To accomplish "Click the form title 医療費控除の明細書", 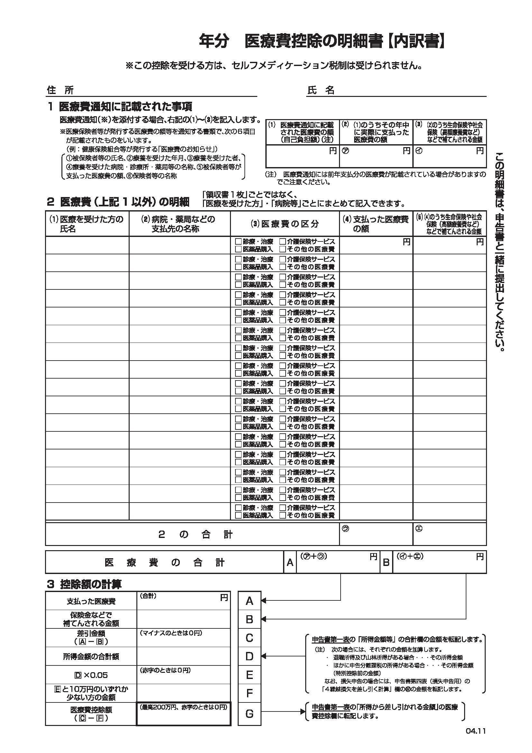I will click(314, 42).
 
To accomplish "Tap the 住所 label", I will click(60, 90).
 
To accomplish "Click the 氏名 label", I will click(321, 90).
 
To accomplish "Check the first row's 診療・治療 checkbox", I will click(238, 242).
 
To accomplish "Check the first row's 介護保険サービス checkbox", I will click(282, 242).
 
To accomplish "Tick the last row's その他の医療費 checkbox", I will click(282, 515).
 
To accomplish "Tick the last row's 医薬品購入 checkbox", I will click(238, 515).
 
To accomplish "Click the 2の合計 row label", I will click(195, 535).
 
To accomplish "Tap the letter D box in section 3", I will click(249, 656).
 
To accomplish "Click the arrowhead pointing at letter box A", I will click(263, 601).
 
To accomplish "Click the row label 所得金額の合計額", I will click(91, 656).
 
